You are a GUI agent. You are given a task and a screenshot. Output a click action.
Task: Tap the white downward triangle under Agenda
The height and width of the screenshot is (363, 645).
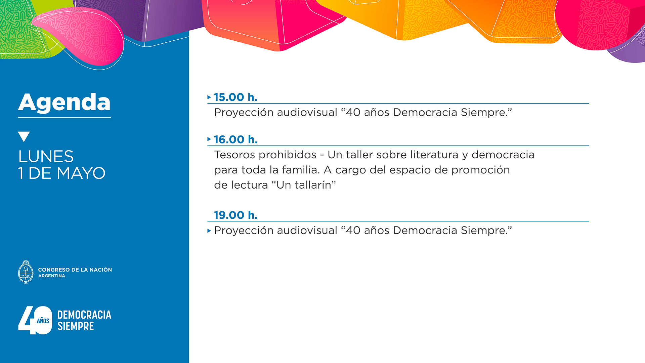(x=24, y=136)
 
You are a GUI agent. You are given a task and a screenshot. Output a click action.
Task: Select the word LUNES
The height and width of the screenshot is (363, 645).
(x=46, y=157)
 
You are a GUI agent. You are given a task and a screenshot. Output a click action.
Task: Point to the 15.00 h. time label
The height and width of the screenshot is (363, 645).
(x=235, y=97)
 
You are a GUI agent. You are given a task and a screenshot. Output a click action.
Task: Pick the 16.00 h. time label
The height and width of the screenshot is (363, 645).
(x=236, y=139)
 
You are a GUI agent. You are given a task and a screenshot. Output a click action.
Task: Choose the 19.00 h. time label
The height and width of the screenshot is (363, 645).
(x=236, y=215)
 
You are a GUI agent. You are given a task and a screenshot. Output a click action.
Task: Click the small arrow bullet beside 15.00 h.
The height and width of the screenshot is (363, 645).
(x=209, y=97)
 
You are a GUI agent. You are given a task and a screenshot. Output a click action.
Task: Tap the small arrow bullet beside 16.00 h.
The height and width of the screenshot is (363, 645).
(x=209, y=139)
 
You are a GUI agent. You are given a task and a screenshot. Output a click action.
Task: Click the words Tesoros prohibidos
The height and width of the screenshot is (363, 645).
(x=265, y=155)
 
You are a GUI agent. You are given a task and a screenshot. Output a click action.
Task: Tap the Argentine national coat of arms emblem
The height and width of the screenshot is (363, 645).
(x=26, y=272)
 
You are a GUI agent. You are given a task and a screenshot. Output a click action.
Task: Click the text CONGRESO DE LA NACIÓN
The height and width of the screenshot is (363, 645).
(x=75, y=270)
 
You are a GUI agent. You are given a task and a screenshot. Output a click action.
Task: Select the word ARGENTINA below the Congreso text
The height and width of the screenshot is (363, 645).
(x=52, y=276)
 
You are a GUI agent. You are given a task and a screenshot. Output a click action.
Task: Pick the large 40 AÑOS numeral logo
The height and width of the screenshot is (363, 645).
(x=35, y=320)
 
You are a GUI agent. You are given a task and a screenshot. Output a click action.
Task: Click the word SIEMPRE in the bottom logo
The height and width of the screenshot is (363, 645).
(x=76, y=326)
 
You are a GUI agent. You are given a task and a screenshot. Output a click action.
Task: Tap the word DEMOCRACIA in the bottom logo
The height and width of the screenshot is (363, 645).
(x=84, y=315)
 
